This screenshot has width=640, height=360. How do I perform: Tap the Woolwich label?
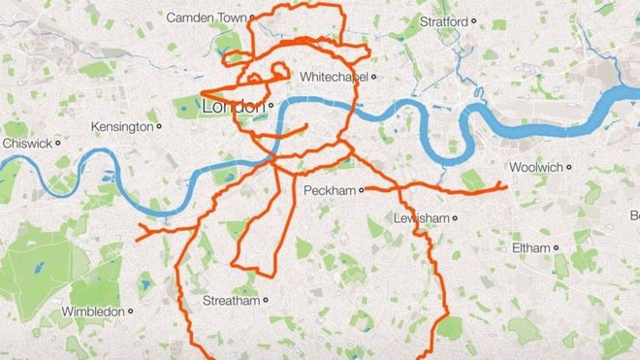[x=535, y=167]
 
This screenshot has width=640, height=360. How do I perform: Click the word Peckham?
[x=331, y=189]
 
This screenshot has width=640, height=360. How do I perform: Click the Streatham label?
[x=231, y=301]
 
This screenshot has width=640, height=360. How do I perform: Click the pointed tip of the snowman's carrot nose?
[x=204, y=94]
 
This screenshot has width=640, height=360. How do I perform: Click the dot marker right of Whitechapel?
[x=374, y=75]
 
